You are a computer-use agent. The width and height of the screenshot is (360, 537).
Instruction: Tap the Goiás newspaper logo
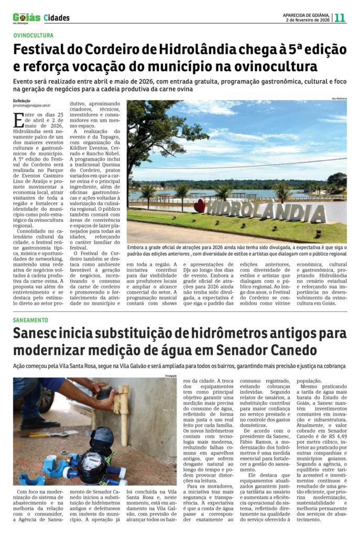click(x=26, y=18)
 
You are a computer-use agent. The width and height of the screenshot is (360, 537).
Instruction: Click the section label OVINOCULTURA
click(x=34, y=36)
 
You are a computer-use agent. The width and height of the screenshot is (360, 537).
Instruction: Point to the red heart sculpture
click(x=199, y=206)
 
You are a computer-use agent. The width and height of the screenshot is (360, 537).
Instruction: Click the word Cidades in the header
click(x=57, y=18)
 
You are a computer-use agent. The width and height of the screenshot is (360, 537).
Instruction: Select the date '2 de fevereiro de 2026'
click(x=308, y=20)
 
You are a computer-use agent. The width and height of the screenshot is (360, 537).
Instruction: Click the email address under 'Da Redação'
click(x=31, y=105)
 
